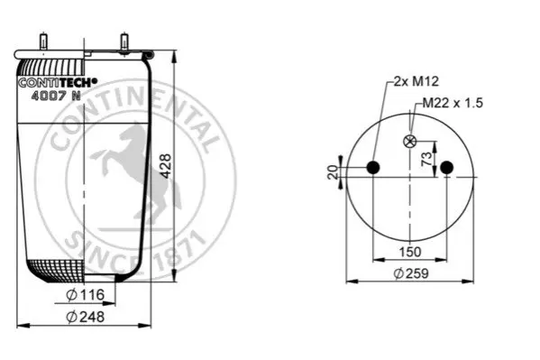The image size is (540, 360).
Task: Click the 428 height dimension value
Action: click(x=167, y=166)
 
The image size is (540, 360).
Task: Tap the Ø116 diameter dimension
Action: click(x=85, y=295)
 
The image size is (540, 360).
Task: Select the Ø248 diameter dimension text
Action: click(x=85, y=317)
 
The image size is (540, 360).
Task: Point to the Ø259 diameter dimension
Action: click(x=411, y=273)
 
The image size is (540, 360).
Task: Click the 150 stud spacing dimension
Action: click(x=410, y=252)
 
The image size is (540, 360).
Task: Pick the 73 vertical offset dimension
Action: click(x=426, y=159)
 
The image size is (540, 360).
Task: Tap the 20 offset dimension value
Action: click(x=333, y=172)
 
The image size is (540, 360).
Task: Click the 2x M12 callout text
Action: click(x=416, y=81)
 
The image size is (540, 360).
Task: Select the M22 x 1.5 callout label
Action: click(x=453, y=103)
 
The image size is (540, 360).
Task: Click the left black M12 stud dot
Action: click(x=373, y=168)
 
